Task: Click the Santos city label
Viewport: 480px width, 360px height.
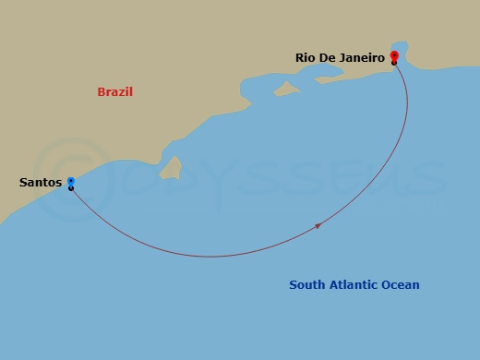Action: click(41, 183)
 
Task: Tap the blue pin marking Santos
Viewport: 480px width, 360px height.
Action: click(70, 183)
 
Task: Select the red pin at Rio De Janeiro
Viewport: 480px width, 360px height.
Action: click(394, 57)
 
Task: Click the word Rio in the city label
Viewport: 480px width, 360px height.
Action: click(306, 57)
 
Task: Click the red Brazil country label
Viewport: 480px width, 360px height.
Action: click(115, 92)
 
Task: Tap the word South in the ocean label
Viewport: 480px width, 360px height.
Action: click(306, 285)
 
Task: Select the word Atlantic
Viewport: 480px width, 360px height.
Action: click(354, 285)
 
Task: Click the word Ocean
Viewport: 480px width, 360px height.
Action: click(402, 285)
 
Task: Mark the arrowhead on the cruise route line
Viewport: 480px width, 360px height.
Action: click(318, 225)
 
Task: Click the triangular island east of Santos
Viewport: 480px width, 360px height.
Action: click(169, 167)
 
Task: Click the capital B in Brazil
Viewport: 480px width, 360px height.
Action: click(102, 92)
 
